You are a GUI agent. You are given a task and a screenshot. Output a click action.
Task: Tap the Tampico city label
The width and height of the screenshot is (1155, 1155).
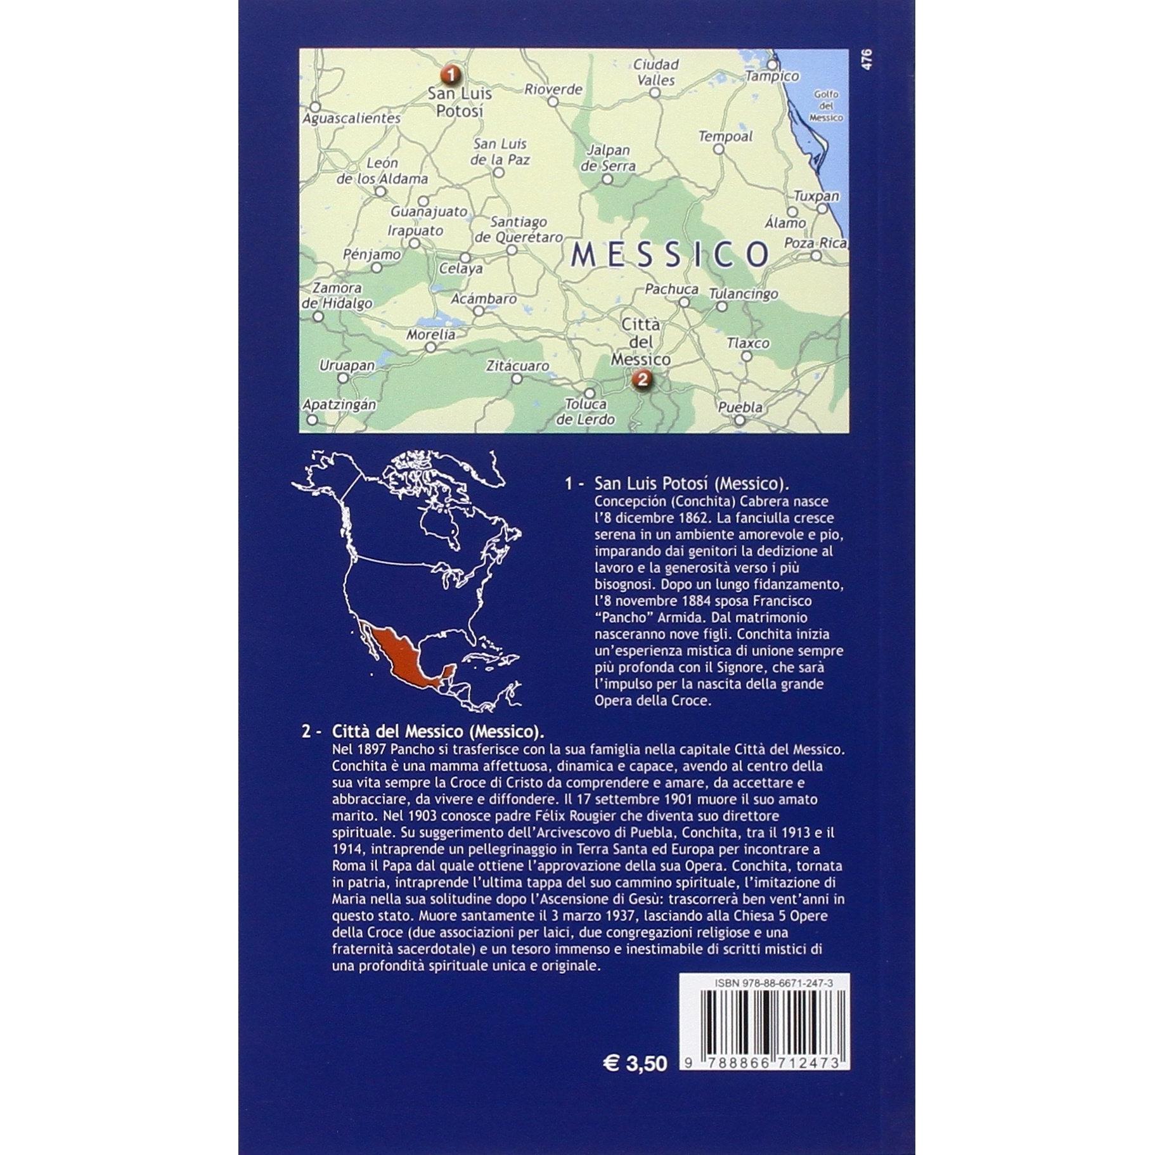click(x=772, y=76)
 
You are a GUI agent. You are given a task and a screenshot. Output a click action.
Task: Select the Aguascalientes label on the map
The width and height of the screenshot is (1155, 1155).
click(x=351, y=119)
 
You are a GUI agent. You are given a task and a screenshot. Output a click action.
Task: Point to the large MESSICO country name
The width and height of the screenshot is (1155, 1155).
click(x=669, y=254)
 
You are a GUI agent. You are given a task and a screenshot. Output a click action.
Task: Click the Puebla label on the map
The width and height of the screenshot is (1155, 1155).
click(x=740, y=408)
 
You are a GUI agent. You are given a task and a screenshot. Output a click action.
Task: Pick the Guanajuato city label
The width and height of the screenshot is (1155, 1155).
click(x=429, y=212)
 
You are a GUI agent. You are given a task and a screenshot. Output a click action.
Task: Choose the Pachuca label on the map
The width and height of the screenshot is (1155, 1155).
click(x=671, y=289)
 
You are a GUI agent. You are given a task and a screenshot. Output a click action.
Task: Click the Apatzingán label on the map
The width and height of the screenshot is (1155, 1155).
click(x=339, y=404)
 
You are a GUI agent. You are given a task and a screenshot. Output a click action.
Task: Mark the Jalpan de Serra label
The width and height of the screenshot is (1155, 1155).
click(x=608, y=158)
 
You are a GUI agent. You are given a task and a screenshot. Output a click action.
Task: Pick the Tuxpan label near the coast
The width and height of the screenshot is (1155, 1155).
click(x=816, y=197)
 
